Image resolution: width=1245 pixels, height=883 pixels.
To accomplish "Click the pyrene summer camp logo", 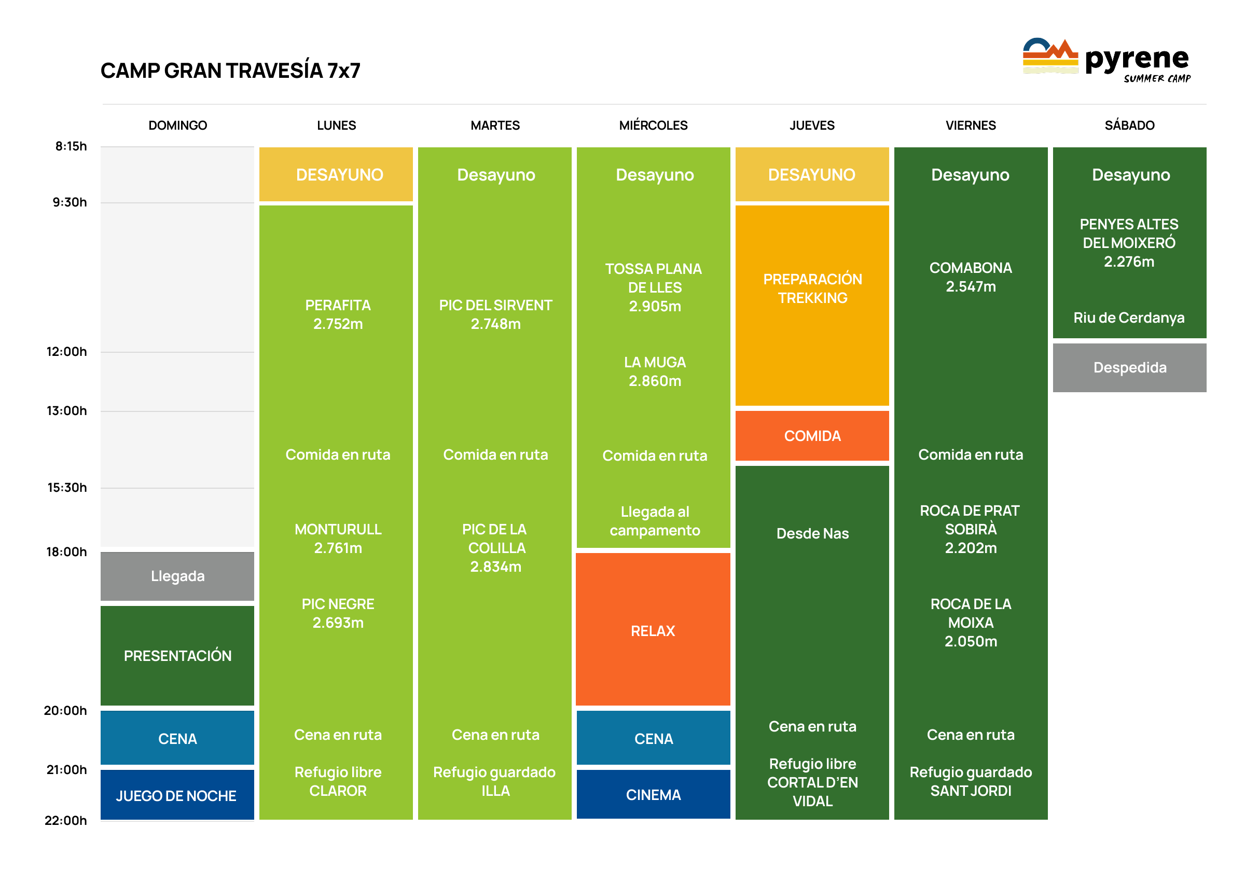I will coord(1106,60).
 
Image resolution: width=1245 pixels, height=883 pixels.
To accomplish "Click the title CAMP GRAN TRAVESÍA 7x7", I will coord(230,71).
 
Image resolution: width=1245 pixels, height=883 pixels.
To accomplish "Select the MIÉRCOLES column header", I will coord(653,125).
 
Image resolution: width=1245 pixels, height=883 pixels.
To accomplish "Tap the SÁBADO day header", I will coord(1129,125).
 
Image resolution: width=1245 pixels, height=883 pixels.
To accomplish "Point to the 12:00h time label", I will coord(66,352).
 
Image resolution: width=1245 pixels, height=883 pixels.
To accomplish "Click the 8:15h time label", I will coord(71,146).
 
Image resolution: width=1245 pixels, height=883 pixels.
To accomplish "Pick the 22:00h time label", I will coord(65,820).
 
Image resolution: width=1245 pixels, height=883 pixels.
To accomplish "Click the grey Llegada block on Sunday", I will coord(177,576).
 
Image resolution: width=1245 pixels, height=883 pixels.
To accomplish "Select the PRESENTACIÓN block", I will coord(177,656).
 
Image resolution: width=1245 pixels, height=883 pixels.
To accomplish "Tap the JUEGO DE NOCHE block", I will coord(176,795).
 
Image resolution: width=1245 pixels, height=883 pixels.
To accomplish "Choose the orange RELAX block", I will coord(653,630).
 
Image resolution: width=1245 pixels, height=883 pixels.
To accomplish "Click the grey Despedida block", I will coord(1129,367).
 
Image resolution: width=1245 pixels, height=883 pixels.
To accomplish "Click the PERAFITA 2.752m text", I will coord(338,314).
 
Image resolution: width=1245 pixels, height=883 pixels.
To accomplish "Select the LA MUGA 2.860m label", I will coord(654,371).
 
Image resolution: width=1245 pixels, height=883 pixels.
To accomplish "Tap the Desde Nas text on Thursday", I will coord(812,533).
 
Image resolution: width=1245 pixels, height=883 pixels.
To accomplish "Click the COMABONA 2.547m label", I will coord(971,277).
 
